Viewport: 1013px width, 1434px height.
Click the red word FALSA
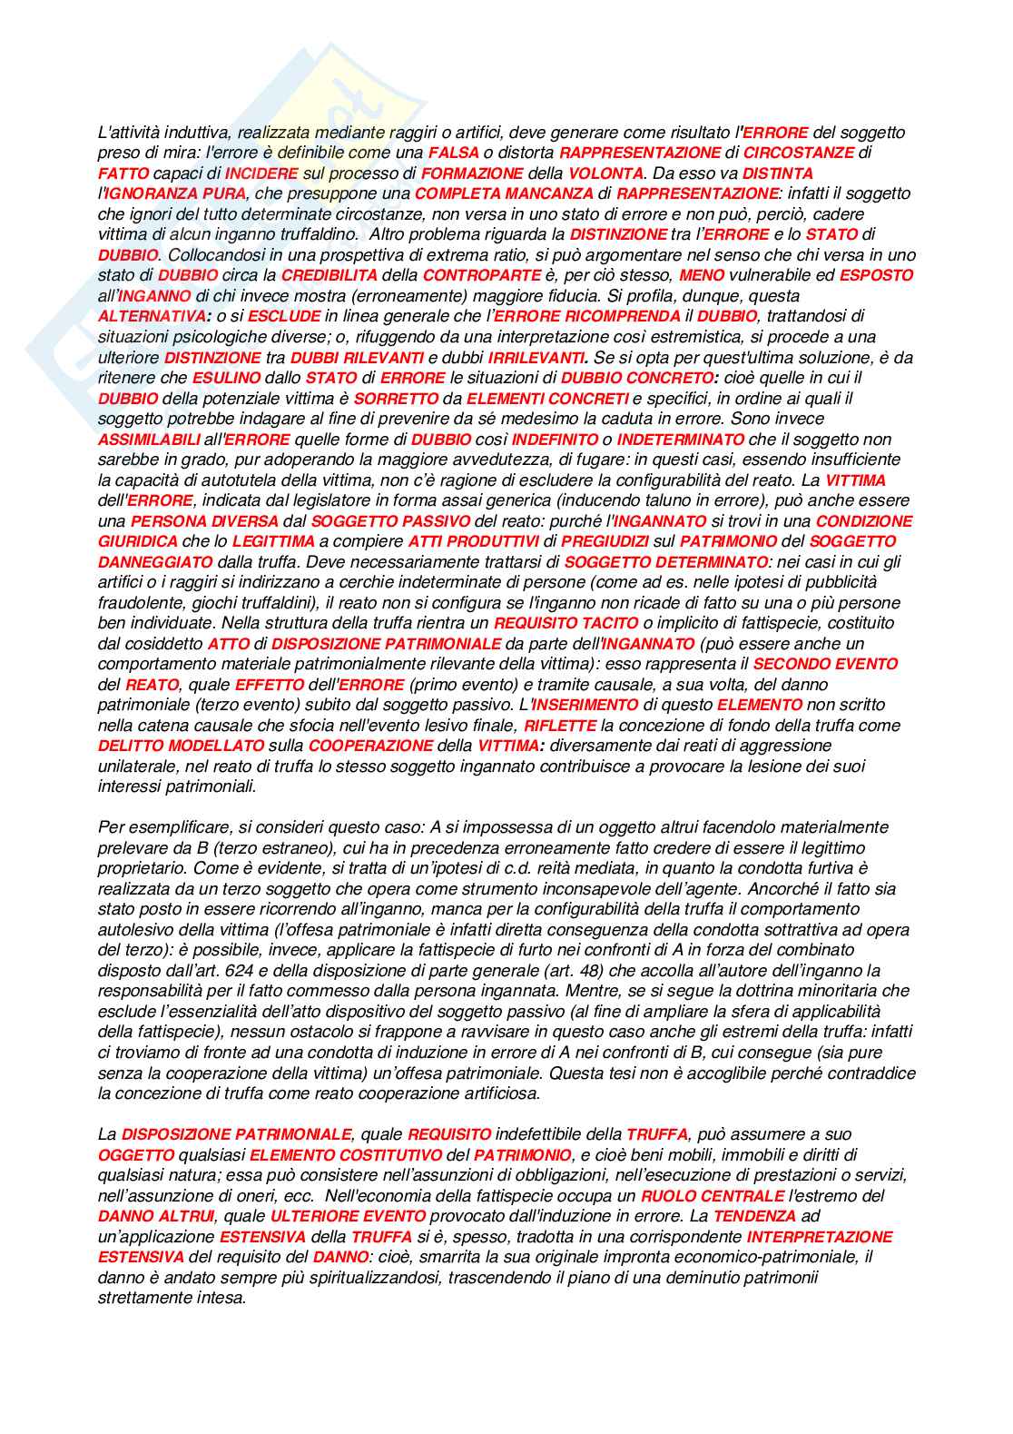tap(454, 153)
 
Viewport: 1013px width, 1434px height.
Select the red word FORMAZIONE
tap(472, 173)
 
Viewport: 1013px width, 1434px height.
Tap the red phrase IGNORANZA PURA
tap(175, 193)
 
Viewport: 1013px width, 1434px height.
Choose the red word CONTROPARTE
tap(482, 275)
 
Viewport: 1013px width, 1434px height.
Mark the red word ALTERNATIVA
tap(152, 316)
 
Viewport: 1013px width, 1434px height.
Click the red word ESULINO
tap(227, 378)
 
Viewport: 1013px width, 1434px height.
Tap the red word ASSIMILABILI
tap(150, 439)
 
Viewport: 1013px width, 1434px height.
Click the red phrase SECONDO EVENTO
tap(825, 664)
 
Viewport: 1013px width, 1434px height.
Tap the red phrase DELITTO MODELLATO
tap(182, 746)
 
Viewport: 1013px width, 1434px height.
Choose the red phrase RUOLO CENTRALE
tap(713, 1196)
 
